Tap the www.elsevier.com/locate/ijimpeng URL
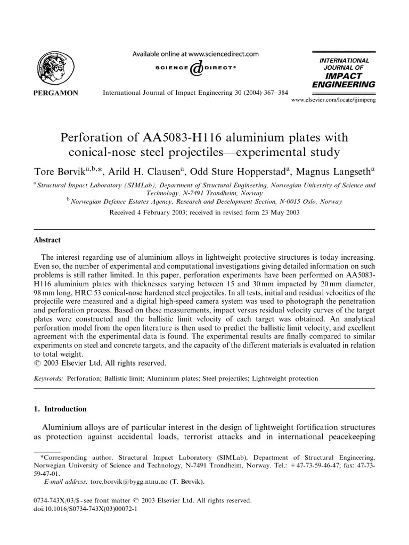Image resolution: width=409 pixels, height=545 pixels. point(334,100)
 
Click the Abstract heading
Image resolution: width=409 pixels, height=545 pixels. point(47,240)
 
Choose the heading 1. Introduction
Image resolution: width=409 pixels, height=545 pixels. point(60,409)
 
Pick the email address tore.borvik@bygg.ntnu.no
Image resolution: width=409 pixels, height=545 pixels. point(119,482)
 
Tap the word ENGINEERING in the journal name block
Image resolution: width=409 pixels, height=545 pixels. point(343,84)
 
